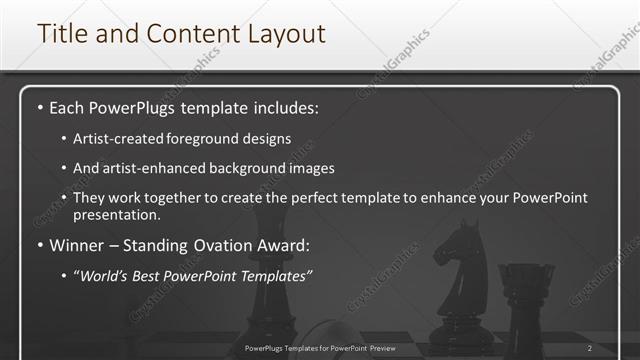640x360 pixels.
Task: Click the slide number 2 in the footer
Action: [590, 348]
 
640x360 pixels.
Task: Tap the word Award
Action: [289, 243]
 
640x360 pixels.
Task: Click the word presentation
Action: [117, 214]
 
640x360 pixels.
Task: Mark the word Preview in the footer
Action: [398, 348]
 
